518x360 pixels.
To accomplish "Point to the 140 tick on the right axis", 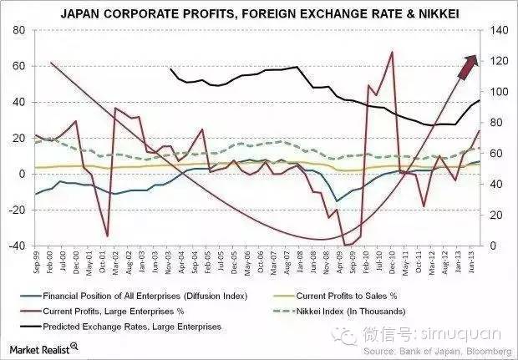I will coord(500,30).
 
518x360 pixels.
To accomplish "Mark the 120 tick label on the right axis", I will coord(500,61).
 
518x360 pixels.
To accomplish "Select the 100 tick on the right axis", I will coord(500,92).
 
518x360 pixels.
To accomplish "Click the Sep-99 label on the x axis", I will coord(35,261).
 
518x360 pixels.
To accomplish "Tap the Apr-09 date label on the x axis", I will coord(338,261).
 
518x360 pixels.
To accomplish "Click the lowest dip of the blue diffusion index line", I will coord(337,200).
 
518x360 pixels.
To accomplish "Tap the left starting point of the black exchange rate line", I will coord(170,69).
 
